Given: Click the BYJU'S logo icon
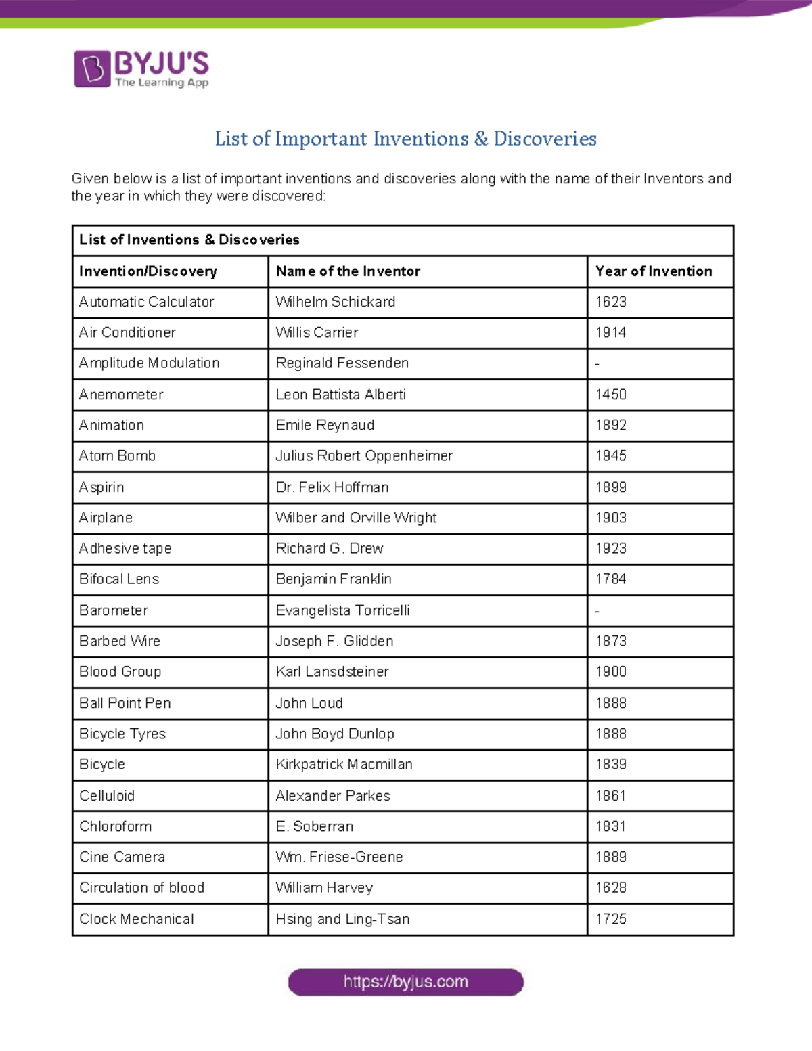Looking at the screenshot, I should coord(92,69).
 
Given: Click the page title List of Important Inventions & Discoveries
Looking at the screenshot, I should coord(405,139).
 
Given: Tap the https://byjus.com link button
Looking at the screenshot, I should coord(405,982).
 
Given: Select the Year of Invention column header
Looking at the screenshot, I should coord(653,271).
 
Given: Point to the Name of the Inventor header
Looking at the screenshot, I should coord(348,271).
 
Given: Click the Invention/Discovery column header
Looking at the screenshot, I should coord(148,271).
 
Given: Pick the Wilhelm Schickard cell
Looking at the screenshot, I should coord(335,302).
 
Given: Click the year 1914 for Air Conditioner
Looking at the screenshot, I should coord(610,332).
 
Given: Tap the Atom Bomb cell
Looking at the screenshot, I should coord(117,455).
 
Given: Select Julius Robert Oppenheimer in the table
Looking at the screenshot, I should coord(364,455).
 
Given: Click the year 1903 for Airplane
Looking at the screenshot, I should coord(610,518).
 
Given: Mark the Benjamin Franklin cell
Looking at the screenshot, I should coord(334,579).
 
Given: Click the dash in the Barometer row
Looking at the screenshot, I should coord(597,611).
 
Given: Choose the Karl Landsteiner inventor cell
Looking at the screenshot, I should coord(332,672).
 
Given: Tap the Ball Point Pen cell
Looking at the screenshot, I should coord(125,703).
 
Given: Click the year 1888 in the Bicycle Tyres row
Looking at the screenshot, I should coord(610,734).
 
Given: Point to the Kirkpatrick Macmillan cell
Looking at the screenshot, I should coord(344,765).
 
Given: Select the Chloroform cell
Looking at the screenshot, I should coord(115,826).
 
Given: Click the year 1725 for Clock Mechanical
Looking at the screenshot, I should coord(610,919).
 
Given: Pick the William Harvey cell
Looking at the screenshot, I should coord(324,888).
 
